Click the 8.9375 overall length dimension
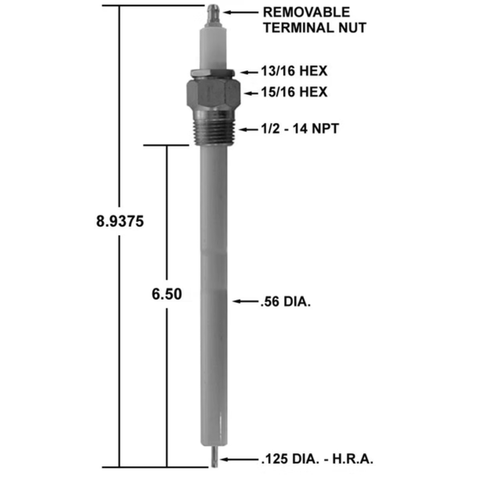tap(120, 222)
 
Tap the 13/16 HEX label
tap(294, 71)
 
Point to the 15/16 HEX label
tap(294, 92)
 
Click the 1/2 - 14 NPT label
tap(300, 129)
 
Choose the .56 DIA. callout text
tap(285, 302)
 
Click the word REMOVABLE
tap(307, 12)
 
